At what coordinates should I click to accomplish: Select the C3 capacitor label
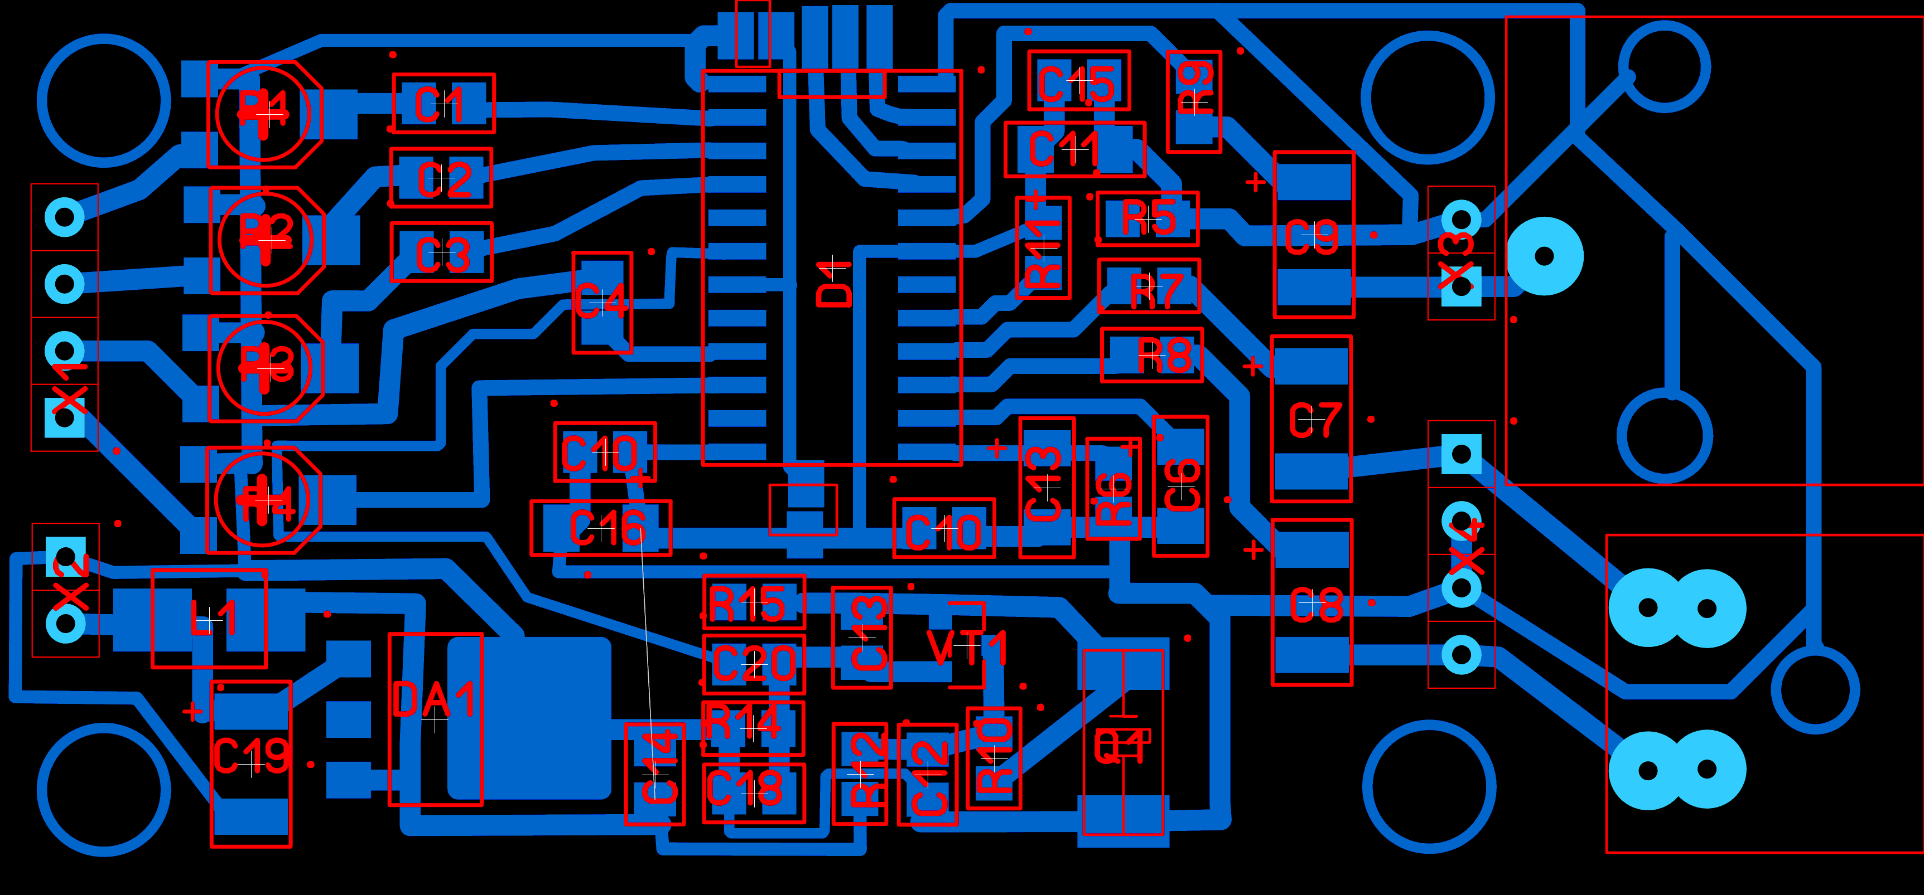[442, 255]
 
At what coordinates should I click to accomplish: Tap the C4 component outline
[601, 301]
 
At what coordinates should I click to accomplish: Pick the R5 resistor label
[1149, 218]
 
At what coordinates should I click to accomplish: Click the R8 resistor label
[1164, 356]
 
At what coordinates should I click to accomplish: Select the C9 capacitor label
[1311, 237]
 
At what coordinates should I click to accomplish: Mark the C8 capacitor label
[1317, 605]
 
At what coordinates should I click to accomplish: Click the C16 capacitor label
[606, 528]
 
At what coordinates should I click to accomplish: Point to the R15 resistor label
[747, 603]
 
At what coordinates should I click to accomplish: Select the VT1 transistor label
[967, 647]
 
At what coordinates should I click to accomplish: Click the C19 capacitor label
[252, 756]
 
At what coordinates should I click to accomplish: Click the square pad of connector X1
[65, 416]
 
